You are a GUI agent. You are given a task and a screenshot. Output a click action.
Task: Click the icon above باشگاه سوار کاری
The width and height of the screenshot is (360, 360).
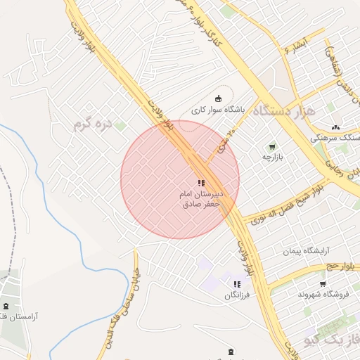click(x=218, y=98)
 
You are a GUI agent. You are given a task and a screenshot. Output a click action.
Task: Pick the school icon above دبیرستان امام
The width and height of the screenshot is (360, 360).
click(x=200, y=183)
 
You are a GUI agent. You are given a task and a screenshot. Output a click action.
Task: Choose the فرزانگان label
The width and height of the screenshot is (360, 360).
click(x=237, y=295)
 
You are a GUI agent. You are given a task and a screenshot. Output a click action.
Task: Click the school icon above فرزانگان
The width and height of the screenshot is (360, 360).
click(x=237, y=284)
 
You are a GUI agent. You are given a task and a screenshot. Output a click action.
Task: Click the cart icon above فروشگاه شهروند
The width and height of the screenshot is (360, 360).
click(x=323, y=284)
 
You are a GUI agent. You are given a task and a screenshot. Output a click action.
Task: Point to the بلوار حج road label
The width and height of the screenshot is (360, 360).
click(x=341, y=266)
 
